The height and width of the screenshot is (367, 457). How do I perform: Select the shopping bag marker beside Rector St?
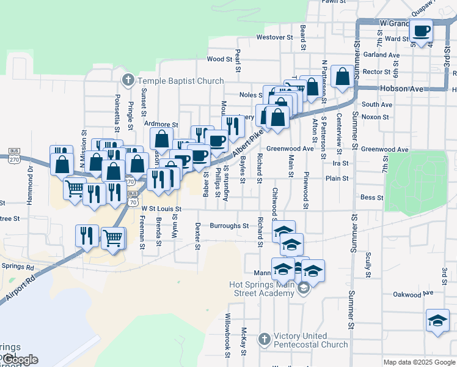coord(343,77)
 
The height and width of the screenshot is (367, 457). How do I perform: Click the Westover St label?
coord(271,37)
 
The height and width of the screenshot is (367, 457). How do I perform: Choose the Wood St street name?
coord(220,59)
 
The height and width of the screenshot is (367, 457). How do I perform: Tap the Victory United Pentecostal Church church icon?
coord(263,339)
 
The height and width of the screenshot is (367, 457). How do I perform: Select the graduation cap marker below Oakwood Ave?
coord(437,321)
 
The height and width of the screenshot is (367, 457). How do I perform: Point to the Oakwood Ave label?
coord(414,294)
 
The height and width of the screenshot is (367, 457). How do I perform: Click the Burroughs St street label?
coord(229,226)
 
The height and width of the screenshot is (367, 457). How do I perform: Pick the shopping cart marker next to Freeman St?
coord(114,237)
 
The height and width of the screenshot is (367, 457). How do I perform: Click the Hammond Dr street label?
coord(30,177)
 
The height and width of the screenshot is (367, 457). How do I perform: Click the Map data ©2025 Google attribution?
coord(419,362)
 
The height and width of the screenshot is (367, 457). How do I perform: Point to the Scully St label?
coord(368,265)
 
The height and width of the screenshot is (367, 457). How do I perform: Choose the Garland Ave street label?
coord(381,54)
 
